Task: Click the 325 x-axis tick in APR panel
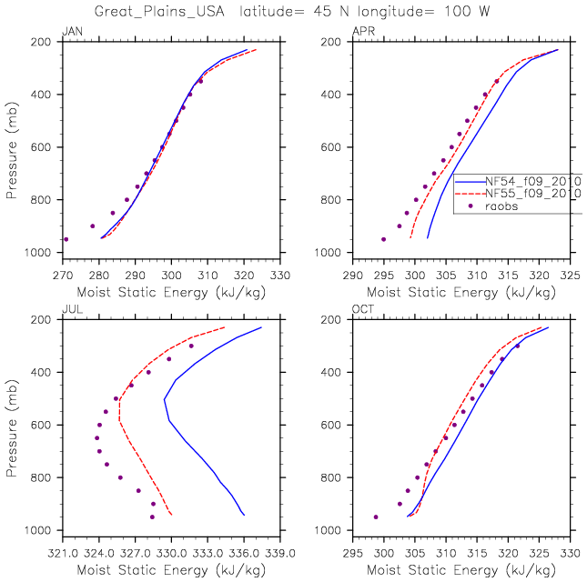tap(571, 274)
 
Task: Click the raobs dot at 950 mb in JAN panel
tap(66, 239)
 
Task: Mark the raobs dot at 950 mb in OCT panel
tap(376, 517)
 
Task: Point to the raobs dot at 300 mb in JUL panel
tap(191, 346)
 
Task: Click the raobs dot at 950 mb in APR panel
tap(383, 239)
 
